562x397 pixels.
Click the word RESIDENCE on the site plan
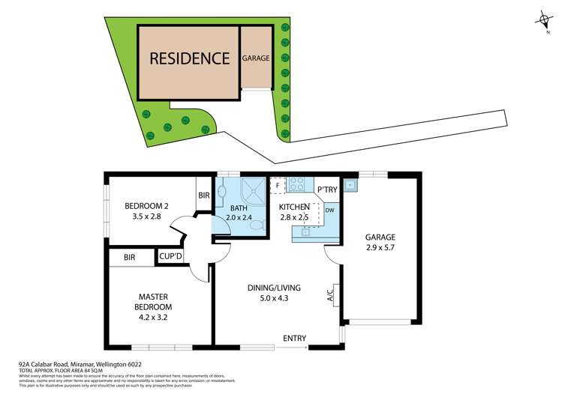(x=189, y=58)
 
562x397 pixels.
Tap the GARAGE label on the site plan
(x=256, y=58)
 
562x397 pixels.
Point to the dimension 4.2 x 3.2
(x=154, y=318)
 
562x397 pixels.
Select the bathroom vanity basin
(x=221, y=193)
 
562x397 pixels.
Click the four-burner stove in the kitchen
(x=295, y=184)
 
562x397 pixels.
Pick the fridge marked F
(x=277, y=184)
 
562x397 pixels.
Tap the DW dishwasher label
(x=329, y=210)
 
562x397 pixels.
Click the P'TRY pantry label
(x=326, y=190)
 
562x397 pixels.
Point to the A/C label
(x=330, y=296)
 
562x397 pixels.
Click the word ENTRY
(x=294, y=339)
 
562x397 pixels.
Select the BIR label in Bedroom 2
(x=204, y=196)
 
